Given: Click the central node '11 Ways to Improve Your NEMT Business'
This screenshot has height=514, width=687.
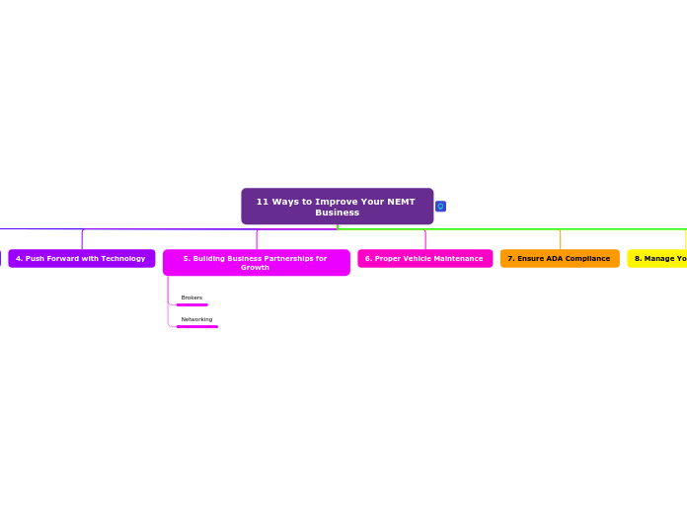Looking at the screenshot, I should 337,207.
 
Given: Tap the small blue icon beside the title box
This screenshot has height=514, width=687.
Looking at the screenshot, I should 440,207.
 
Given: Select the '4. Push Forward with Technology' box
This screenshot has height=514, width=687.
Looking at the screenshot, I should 81,259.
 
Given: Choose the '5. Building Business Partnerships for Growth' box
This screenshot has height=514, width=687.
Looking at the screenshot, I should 256,263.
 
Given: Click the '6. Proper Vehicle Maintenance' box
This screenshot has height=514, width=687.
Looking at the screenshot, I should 424,259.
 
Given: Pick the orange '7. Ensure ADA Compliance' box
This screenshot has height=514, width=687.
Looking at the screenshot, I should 559,259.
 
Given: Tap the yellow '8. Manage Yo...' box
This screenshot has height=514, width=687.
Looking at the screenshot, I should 658,259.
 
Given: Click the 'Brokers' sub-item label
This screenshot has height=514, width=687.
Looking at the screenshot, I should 191,298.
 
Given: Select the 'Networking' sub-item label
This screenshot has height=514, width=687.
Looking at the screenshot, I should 196,319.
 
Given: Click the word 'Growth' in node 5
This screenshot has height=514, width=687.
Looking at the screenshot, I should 255,268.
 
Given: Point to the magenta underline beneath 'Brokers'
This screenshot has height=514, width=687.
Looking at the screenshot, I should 191,305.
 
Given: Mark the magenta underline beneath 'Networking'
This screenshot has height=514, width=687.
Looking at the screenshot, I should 196,326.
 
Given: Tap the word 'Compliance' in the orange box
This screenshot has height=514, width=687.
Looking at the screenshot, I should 588,259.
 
